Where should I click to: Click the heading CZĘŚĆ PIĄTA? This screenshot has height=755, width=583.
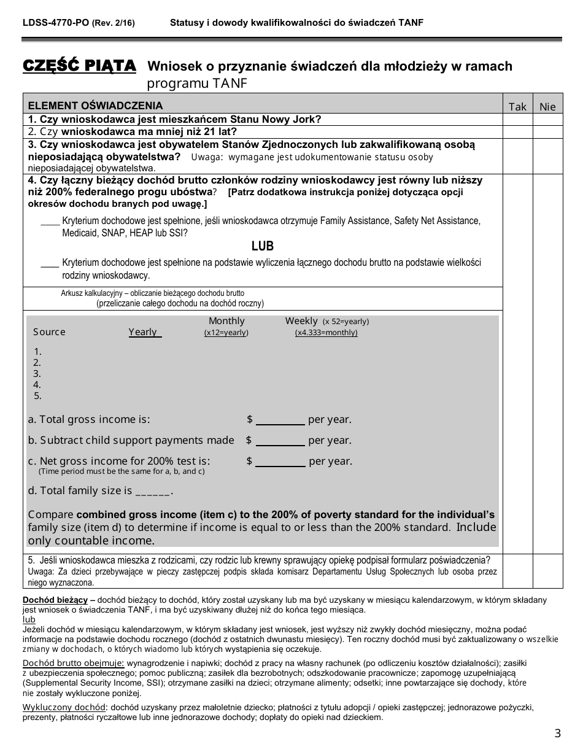tap(79, 66)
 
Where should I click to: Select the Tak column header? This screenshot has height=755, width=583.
tap(517, 107)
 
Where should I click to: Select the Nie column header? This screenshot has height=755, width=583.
tap(547, 107)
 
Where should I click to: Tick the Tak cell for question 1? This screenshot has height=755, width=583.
tap(517, 120)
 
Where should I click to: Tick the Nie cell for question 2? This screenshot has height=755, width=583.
tap(547, 132)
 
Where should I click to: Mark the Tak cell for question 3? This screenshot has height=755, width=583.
tap(517, 156)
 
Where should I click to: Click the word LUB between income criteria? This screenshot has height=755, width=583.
tap(263, 246)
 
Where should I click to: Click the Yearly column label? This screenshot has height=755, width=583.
tap(143, 332)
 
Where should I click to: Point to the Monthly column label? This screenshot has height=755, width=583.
tap(226, 321)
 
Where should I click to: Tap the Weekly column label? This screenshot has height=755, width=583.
tap(301, 321)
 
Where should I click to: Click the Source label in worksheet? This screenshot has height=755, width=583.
tap(49, 332)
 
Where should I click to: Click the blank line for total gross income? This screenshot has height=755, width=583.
tap(280, 420)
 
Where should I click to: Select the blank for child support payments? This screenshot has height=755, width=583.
tap(280, 441)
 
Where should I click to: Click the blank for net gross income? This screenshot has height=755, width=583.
tap(280, 462)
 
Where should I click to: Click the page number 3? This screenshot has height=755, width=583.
tap(557, 733)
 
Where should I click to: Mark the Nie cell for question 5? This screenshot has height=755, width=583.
tap(547, 571)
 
